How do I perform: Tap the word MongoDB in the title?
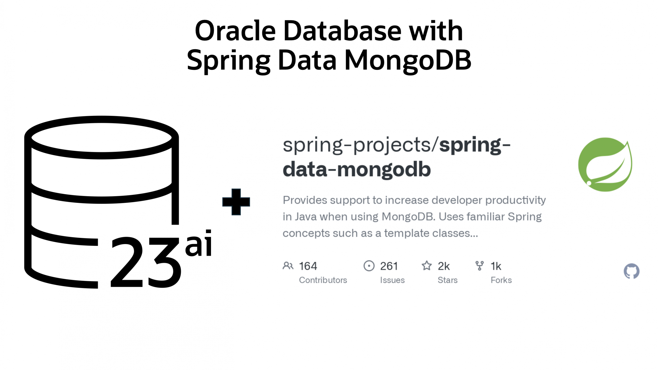407,61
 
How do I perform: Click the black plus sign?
236,202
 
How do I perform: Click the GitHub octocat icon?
631,271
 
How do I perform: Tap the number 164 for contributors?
308,266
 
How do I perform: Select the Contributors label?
323,280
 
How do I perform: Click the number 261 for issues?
389,266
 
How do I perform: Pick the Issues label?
392,280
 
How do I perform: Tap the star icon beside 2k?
427,266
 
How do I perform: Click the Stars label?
447,280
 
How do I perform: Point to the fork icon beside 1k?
479,266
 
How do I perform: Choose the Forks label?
501,280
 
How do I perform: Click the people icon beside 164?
288,266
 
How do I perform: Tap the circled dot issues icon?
369,266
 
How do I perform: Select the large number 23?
145,263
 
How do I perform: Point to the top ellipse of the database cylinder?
102,137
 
